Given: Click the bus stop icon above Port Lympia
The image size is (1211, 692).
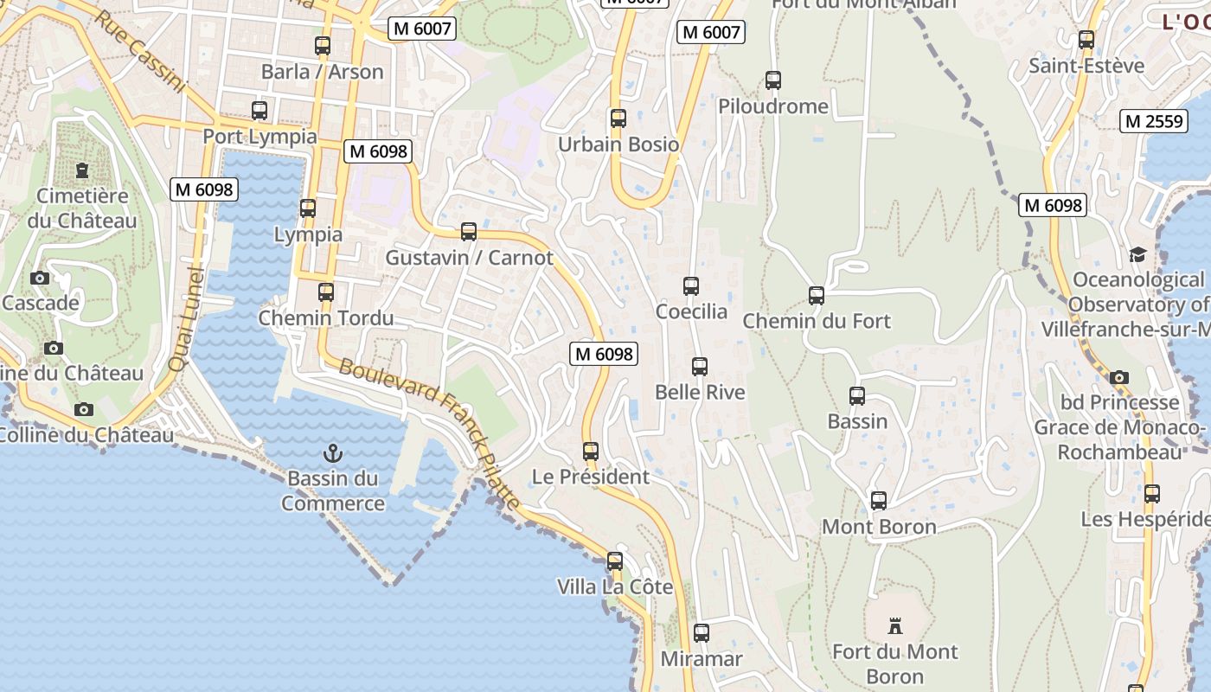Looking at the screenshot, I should pos(259,111).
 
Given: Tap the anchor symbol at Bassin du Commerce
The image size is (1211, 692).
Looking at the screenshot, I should pos(332,452).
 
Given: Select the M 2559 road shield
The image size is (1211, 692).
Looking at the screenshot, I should pos(1154,121).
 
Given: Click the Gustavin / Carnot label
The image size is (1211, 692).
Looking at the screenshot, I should pos(469,258).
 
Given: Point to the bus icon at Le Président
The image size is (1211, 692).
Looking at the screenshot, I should pos(591,452).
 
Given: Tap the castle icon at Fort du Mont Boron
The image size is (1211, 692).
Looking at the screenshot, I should pos(895,625).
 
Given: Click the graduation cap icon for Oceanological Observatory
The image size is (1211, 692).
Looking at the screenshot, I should pos(1137,254).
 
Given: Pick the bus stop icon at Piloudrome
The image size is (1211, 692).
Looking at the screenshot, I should pos(773,80).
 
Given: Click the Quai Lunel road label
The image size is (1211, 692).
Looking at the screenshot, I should pos(188,319).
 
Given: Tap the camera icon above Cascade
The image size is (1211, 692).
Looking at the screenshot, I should pos(40,278).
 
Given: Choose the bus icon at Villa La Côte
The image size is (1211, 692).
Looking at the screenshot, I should pos(615,561).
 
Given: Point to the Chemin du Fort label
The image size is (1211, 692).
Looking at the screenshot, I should pos(817,321).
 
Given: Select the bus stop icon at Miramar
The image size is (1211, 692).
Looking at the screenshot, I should pos(702,633).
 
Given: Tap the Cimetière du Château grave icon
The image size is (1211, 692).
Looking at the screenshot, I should pos(82,170).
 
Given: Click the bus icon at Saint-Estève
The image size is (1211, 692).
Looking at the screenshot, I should pos(1086,40).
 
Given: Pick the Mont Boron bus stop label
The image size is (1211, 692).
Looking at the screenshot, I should pos(879,527).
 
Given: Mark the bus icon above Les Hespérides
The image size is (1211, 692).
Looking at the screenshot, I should pos(1152,494).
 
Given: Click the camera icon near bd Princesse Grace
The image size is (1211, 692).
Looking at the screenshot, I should pos(1119,377).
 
